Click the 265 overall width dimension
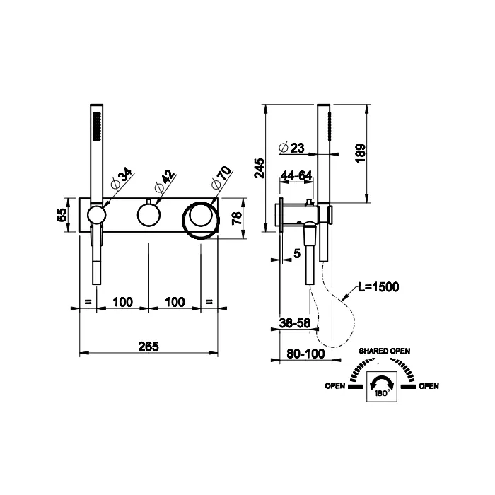click(x=148, y=346)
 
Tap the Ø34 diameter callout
click(x=122, y=180)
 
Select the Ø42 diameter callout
click(x=165, y=181)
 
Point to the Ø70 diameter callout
click(x=221, y=177)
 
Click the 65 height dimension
click(x=62, y=215)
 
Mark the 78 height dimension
click(x=237, y=218)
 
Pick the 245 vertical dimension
click(x=260, y=168)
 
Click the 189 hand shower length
click(x=360, y=153)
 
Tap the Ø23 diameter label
click(x=292, y=148)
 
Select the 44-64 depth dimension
click(x=296, y=175)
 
